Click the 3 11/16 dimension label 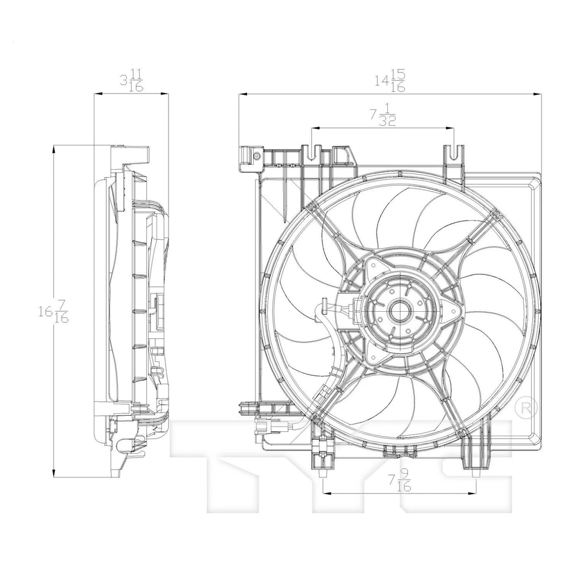pos(131,80)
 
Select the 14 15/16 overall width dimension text pos(389,80)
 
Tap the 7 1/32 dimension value pos(382,114)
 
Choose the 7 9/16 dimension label pos(399,482)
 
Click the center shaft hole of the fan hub pos(399,312)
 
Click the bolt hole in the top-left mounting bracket pos(257,156)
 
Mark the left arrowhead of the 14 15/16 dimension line pos(241,94)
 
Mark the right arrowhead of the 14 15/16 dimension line pos(538,94)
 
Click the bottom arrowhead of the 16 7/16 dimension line pos(54,475)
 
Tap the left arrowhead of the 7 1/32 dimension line pos(314,128)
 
